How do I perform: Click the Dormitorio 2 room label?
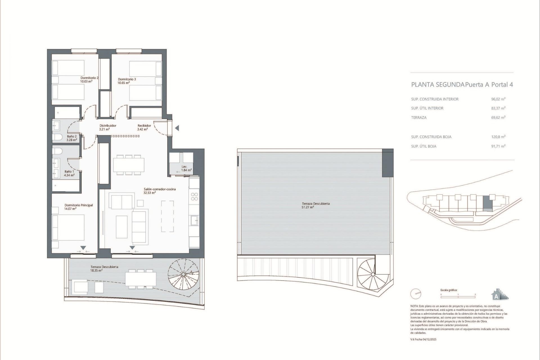[89, 78]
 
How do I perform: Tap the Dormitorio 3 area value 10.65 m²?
[123, 83]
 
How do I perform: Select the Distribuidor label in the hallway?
[108, 126]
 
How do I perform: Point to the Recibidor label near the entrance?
[144, 126]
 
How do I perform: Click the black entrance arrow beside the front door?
[177, 128]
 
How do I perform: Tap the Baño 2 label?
[72, 136]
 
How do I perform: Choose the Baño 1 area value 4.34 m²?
[69, 175]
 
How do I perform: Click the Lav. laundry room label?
[184, 166]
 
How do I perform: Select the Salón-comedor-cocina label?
[159, 189]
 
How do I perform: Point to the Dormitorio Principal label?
[78, 205]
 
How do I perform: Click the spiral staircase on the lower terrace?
[183, 274]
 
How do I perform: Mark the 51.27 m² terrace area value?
[308, 207]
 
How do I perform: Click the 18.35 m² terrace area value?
[96, 271]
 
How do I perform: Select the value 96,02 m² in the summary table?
[498, 99]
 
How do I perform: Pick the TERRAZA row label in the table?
[419, 118]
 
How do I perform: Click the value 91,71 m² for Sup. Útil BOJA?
[498, 146]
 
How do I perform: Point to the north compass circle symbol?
[416, 294]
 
